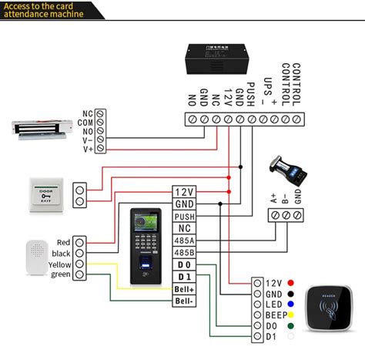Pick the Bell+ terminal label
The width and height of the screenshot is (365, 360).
coord(184,288)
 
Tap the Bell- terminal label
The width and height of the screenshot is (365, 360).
coord(184,301)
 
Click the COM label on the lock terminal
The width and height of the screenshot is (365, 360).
coord(87,122)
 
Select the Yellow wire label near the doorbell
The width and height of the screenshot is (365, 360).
coord(61,264)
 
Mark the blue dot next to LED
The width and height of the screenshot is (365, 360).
coord(290,304)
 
